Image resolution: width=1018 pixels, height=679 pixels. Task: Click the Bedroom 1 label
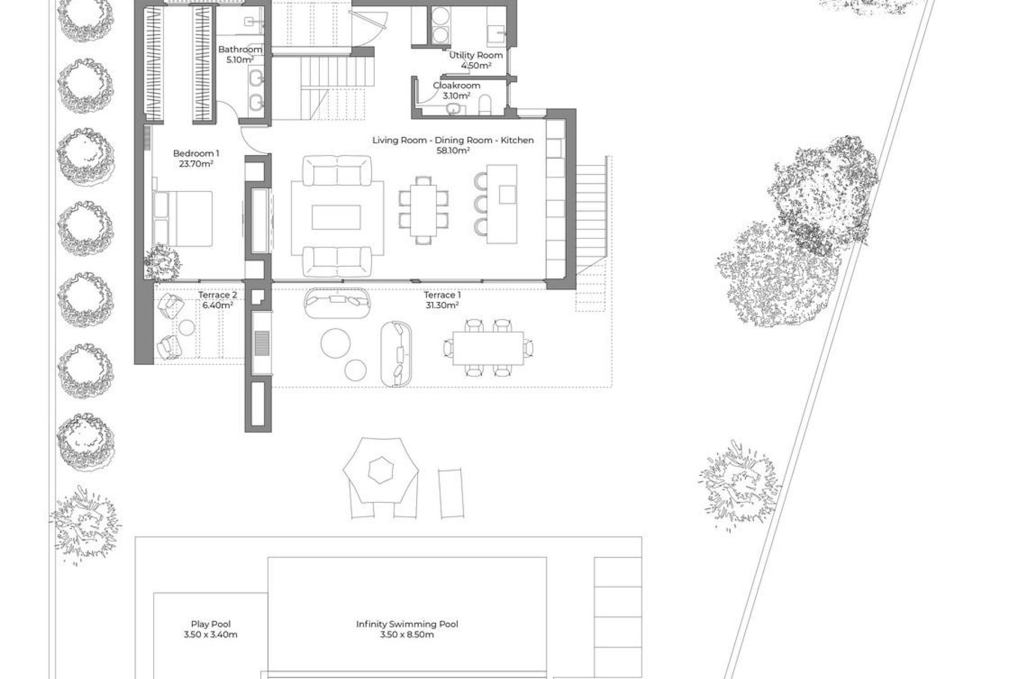tap(196, 154)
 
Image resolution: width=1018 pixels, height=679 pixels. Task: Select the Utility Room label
tap(476, 55)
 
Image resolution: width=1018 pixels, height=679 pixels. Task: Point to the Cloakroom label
tap(457, 85)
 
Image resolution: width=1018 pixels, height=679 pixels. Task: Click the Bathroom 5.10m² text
tap(240, 55)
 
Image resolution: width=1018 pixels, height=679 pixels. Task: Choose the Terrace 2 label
tap(217, 295)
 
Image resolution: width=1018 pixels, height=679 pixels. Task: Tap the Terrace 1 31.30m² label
tap(442, 300)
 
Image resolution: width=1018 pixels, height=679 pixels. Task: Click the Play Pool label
tap(210, 624)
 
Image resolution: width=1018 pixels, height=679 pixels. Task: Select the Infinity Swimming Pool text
tap(407, 624)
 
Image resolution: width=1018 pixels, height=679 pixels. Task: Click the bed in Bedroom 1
tap(183, 219)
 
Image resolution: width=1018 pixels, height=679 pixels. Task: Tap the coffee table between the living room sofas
tap(336, 217)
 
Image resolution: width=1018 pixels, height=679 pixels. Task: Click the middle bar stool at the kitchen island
tap(481, 204)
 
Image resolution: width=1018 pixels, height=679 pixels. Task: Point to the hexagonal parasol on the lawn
tap(381, 470)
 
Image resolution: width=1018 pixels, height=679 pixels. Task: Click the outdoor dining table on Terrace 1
tap(488, 349)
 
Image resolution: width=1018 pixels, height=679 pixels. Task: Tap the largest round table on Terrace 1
tap(336, 343)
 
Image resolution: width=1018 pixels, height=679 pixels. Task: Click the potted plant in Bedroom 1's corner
tap(162, 263)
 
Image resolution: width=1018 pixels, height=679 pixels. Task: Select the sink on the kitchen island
tap(507, 195)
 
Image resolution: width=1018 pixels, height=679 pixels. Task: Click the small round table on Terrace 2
tap(186, 328)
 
